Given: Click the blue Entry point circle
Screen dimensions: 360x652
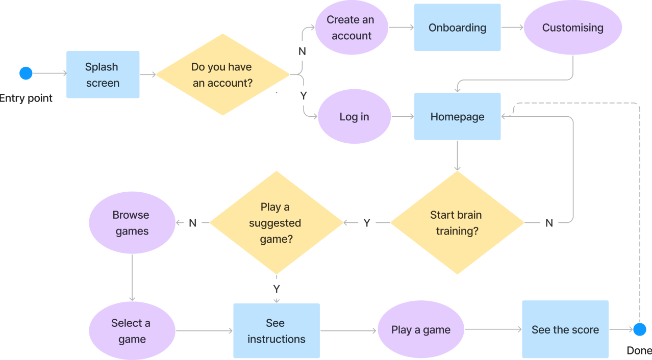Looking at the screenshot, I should (26, 73).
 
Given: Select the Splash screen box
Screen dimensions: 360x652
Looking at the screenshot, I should (103, 74).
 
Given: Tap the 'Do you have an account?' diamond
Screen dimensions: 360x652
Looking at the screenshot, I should (222, 74).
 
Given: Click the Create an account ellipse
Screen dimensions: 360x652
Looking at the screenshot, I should (352, 28).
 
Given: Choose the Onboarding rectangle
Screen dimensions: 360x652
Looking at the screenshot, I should (457, 28).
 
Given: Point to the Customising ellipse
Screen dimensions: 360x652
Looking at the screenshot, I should (572, 28).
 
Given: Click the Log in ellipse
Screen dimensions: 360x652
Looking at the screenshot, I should (354, 117).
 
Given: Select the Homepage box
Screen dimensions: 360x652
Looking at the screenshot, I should (457, 117).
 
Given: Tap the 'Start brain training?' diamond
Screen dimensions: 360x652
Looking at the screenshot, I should (457, 222).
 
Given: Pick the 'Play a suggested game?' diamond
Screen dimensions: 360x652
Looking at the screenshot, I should (276, 222).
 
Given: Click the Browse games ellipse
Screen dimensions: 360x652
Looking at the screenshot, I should (132, 223).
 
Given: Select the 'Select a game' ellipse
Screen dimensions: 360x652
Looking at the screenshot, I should (132, 331).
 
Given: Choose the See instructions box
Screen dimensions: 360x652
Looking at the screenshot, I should (277, 331).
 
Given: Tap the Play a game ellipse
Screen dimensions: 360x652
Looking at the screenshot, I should (421, 329).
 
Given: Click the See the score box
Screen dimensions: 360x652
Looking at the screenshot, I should (565, 329).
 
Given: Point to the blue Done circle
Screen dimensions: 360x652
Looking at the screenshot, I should (640, 329).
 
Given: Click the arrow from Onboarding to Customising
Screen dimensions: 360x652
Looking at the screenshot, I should (512, 28).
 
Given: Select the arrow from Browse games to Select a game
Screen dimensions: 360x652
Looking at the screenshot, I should (132, 278).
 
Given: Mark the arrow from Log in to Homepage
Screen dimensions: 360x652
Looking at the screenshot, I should (403, 117).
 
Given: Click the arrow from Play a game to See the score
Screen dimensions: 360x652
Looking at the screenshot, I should (493, 329).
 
